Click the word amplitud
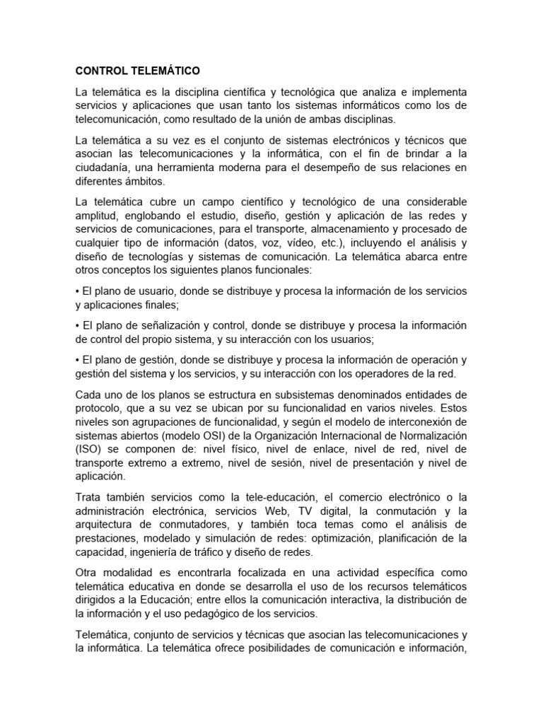pos(98,216)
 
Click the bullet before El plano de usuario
pos(77,291)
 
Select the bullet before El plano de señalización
pos(77,325)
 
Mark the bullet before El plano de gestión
pos(77,359)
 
